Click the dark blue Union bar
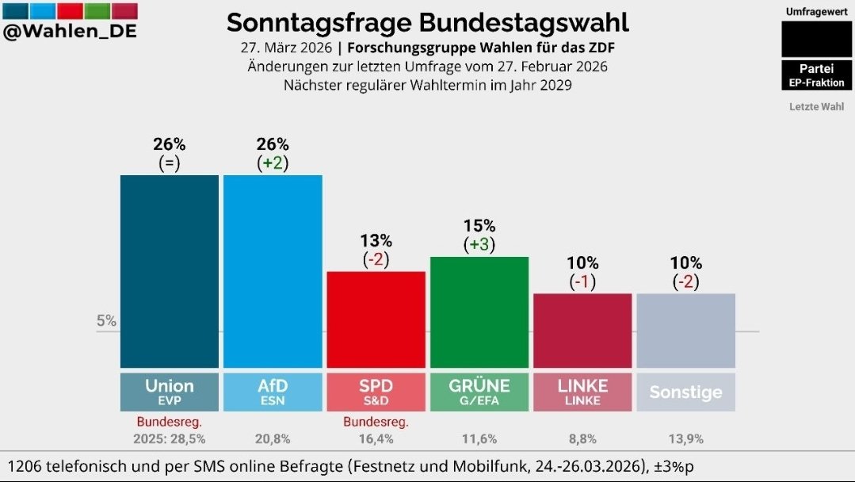tap(169, 271)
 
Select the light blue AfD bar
tap(273, 271)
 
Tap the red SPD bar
tap(376, 319)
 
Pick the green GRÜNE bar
tap(479, 312)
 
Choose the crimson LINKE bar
tap(582, 331)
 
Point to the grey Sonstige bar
tap(685, 331)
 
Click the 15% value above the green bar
tap(479, 226)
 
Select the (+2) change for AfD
tap(273, 163)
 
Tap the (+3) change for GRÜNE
tap(479, 245)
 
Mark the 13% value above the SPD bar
tap(376, 240)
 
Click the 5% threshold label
tap(106, 321)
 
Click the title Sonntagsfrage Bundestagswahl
tap(427, 22)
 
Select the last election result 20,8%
tap(273, 438)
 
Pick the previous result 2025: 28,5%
tap(169, 438)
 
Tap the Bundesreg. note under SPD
tap(376, 421)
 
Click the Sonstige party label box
tap(685, 392)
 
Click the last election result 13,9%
tap(685, 438)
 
